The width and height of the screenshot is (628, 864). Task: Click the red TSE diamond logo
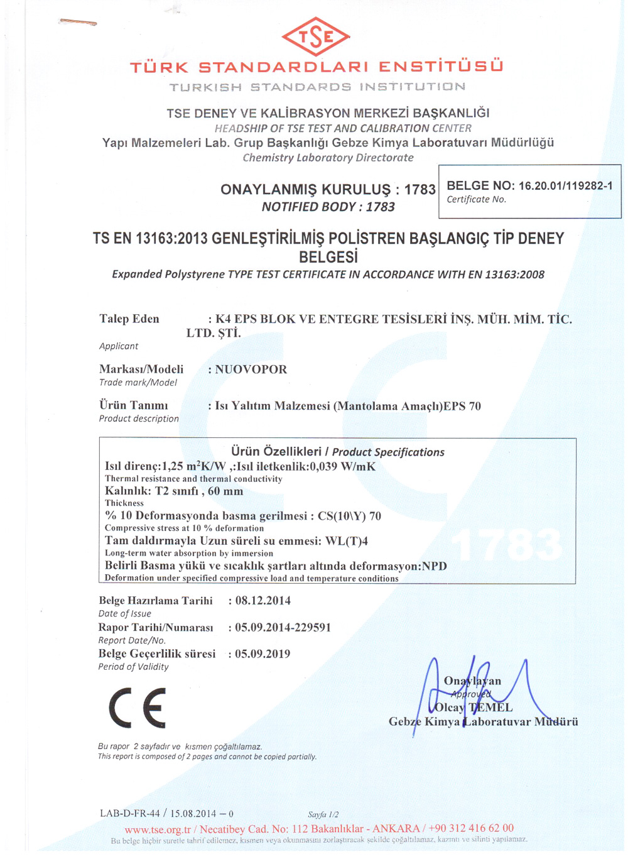(316, 36)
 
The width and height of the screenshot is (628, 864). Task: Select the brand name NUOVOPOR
(251, 369)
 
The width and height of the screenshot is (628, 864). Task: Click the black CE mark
(138, 708)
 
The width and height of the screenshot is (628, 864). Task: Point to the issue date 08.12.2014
(263, 601)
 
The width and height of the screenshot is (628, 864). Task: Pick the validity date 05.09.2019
(263, 654)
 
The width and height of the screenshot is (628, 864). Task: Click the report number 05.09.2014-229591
(283, 628)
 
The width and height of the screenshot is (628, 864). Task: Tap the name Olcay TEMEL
(474, 708)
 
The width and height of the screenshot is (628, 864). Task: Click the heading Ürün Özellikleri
(276, 452)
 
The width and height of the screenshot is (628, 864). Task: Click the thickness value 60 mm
(225, 491)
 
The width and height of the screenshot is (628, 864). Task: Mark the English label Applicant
(119, 346)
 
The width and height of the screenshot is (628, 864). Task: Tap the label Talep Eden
(129, 319)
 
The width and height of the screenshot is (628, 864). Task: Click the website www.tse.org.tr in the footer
(158, 829)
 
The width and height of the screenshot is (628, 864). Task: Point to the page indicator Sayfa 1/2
(323, 814)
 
